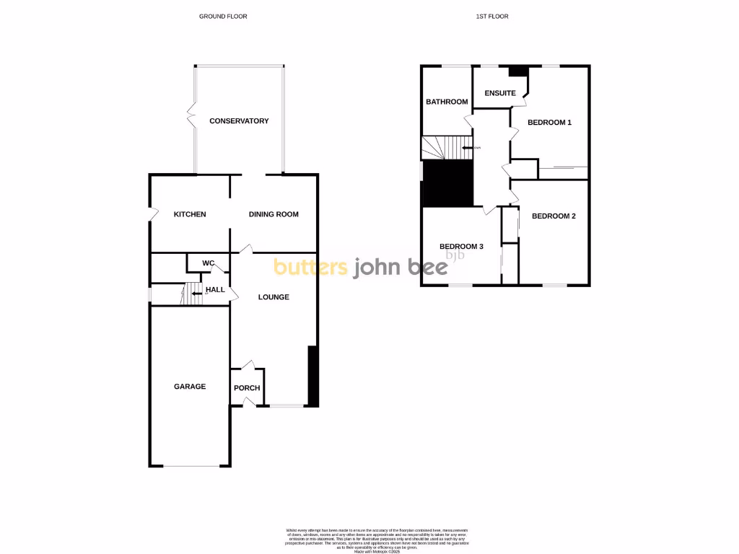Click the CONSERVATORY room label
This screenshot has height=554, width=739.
[239, 121]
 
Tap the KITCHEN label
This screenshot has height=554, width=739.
[190, 214]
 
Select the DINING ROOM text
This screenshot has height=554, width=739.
[274, 214]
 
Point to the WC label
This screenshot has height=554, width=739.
[209, 263]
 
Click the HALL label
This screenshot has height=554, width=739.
[216, 291]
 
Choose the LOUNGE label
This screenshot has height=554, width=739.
[274, 296]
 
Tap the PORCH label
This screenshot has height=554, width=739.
[247, 388]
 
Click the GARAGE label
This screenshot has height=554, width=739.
[190, 387]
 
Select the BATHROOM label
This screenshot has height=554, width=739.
[447, 102]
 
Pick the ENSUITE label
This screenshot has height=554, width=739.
[500, 93]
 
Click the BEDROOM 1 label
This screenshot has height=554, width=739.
[549, 123]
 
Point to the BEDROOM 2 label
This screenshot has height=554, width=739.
[554, 216]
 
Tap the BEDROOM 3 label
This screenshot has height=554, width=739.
[461, 247]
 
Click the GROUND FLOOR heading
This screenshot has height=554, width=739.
[223, 16]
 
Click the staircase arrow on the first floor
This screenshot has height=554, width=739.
[468, 148]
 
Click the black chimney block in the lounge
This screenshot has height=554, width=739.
[313, 376]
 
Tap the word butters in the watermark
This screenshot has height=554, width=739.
[310, 267]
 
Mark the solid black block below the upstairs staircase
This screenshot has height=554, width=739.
[447, 183]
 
